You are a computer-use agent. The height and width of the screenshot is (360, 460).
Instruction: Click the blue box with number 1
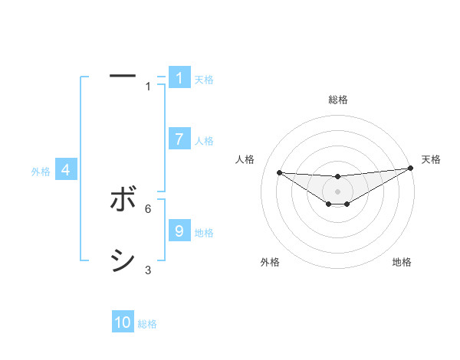pyautogui.click(x=179, y=78)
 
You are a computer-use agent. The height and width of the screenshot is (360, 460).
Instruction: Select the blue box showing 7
pyautogui.click(x=179, y=139)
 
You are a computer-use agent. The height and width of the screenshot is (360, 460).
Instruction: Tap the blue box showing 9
pyautogui.click(x=179, y=231)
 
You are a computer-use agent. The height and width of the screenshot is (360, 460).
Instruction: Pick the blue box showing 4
pyautogui.click(x=66, y=170)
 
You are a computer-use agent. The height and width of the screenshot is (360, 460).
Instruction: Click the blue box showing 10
pyautogui.click(x=123, y=322)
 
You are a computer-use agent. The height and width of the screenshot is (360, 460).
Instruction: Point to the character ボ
pyautogui.click(x=123, y=200)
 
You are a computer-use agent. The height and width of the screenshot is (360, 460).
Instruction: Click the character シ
pyautogui.click(x=123, y=260)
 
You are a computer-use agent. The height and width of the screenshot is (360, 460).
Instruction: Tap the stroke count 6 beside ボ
pyautogui.click(x=148, y=208)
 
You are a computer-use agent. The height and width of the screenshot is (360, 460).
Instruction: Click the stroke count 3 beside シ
pyautogui.click(x=148, y=270)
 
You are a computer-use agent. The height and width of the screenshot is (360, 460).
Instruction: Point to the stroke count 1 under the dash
pyautogui.click(x=148, y=87)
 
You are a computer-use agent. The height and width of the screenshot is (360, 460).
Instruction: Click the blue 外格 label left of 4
pyautogui.click(x=41, y=172)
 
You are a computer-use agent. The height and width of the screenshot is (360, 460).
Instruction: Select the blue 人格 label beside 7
pyautogui.click(x=204, y=141)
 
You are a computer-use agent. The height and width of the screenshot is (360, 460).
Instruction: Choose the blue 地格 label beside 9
pyautogui.click(x=204, y=233)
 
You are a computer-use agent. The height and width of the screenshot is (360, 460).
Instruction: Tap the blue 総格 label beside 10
pyautogui.click(x=147, y=324)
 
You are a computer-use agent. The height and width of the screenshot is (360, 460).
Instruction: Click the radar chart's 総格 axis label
pyautogui.click(x=338, y=100)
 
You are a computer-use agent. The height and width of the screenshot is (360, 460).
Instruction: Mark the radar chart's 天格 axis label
pyautogui.click(x=432, y=159)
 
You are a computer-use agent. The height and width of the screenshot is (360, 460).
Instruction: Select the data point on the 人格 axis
pyautogui.click(x=279, y=172)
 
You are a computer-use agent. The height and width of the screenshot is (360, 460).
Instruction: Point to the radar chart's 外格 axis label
pyautogui.click(x=270, y=262)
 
